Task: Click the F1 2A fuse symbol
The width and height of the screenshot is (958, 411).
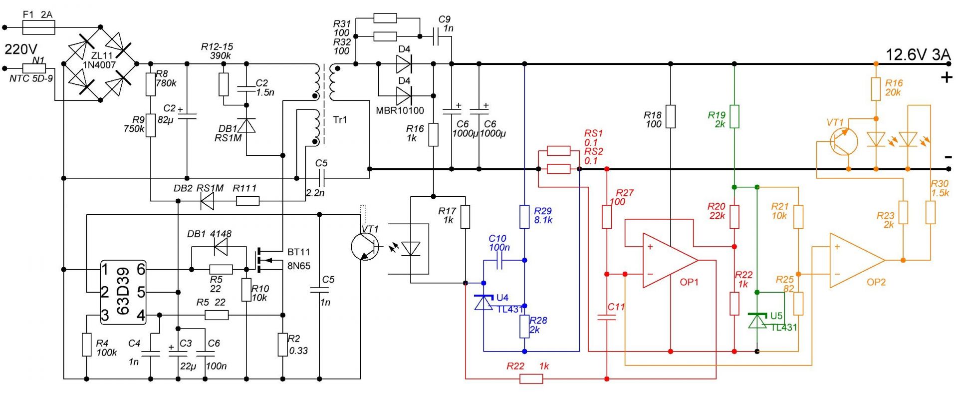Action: coord(39,27)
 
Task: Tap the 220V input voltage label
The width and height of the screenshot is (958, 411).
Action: coord(21,49)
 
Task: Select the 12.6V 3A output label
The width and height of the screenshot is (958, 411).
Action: coord(918,55)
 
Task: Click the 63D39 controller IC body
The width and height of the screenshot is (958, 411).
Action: coord(123,292)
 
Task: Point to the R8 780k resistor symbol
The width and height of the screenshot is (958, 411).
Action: coord(151,84)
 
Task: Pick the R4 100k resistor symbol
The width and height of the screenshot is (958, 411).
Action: coord(87,345)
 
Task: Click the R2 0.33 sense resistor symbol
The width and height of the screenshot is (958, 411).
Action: coord(283,345)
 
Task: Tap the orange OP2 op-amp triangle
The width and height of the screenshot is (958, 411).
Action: coord(857,260)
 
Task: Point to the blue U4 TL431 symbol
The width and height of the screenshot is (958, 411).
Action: coord(483,303)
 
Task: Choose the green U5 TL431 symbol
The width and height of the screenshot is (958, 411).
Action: coord(757,321)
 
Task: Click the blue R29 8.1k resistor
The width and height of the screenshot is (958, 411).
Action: coord(524,217)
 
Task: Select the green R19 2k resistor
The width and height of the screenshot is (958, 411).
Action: coord(734,116)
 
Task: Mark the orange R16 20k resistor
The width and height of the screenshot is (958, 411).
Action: coord(876,89)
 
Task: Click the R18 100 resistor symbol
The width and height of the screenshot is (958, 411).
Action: coord(671,116)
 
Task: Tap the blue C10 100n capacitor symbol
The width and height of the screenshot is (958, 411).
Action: coord(500,260)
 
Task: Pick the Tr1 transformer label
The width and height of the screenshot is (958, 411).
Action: coord(340,120)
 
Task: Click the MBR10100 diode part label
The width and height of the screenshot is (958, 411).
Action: coord(400,111)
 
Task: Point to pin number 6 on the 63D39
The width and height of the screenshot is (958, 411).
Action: coord(141,270)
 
